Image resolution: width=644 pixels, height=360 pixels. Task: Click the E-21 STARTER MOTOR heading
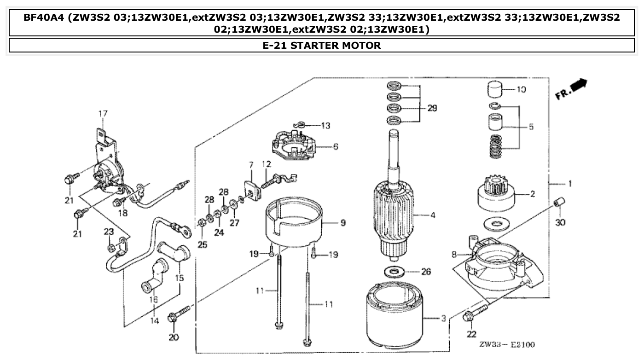click(x=322, y=45)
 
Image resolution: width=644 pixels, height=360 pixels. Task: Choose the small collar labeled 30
click(x=559, y=203)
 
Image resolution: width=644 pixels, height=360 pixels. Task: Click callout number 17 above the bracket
click(x=102, y=113)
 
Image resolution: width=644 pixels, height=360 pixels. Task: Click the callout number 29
click(x=431, y=109)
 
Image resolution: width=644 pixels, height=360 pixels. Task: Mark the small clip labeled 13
click(x=299, y=123)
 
